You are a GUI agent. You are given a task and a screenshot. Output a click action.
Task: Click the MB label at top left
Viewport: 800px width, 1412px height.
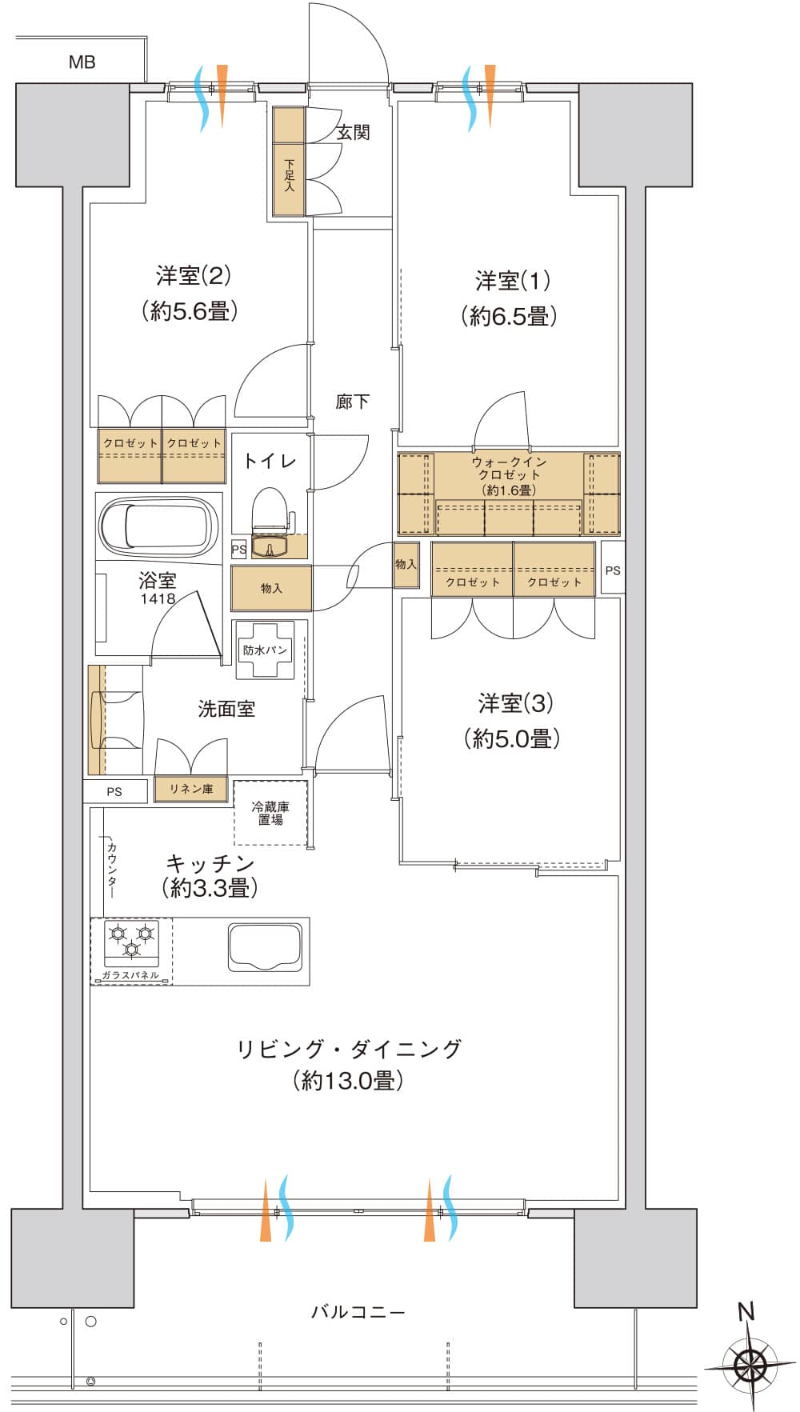coord(82,62)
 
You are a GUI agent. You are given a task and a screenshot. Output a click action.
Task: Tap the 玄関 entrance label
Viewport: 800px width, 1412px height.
coord(353,132)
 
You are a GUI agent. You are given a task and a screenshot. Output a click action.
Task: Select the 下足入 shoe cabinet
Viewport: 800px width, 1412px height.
coord(289,162)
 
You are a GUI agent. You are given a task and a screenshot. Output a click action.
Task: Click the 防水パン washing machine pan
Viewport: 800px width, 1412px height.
coord(265,650)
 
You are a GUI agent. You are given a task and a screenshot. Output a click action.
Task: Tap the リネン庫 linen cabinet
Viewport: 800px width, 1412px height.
coord(191,789)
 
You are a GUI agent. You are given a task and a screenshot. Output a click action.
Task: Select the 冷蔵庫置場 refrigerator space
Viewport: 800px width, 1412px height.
coord(270,813)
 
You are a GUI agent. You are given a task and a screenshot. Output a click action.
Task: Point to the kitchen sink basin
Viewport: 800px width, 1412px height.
coord(266,947)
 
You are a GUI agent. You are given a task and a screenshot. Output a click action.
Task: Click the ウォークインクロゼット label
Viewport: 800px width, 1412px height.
coord(509,475)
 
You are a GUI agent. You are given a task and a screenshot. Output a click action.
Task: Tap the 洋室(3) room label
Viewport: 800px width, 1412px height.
coord(515,703)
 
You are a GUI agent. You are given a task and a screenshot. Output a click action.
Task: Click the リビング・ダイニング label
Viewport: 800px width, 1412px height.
coord(350,1048)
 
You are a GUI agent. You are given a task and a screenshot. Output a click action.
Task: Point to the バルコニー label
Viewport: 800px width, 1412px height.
coord(358,1312)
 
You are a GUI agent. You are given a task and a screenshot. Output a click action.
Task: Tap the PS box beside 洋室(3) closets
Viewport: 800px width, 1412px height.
coord(613,570)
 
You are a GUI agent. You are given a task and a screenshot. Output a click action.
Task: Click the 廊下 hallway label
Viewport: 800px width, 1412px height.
coord(352,401)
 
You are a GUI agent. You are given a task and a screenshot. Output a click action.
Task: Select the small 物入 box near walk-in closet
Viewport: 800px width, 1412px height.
coord(406,564)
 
